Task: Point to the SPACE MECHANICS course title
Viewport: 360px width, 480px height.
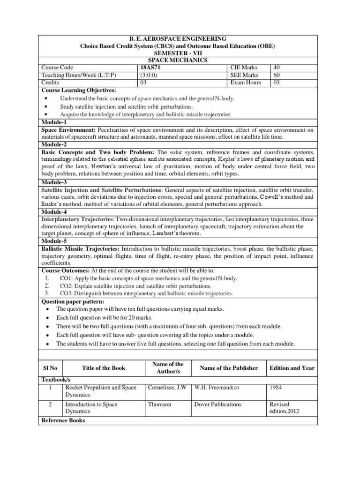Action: [x=178, y=60]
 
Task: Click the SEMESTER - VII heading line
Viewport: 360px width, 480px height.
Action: [x=178, y=53]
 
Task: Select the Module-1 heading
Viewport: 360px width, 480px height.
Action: [x=54, y=122]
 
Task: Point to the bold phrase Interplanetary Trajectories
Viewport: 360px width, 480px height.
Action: [x=77, y=219]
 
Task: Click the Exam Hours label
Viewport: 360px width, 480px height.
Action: [x=246, y=82]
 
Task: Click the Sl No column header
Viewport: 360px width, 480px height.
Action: [x=50, y=368]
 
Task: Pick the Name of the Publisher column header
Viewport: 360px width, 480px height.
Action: [x=229, y=368]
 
